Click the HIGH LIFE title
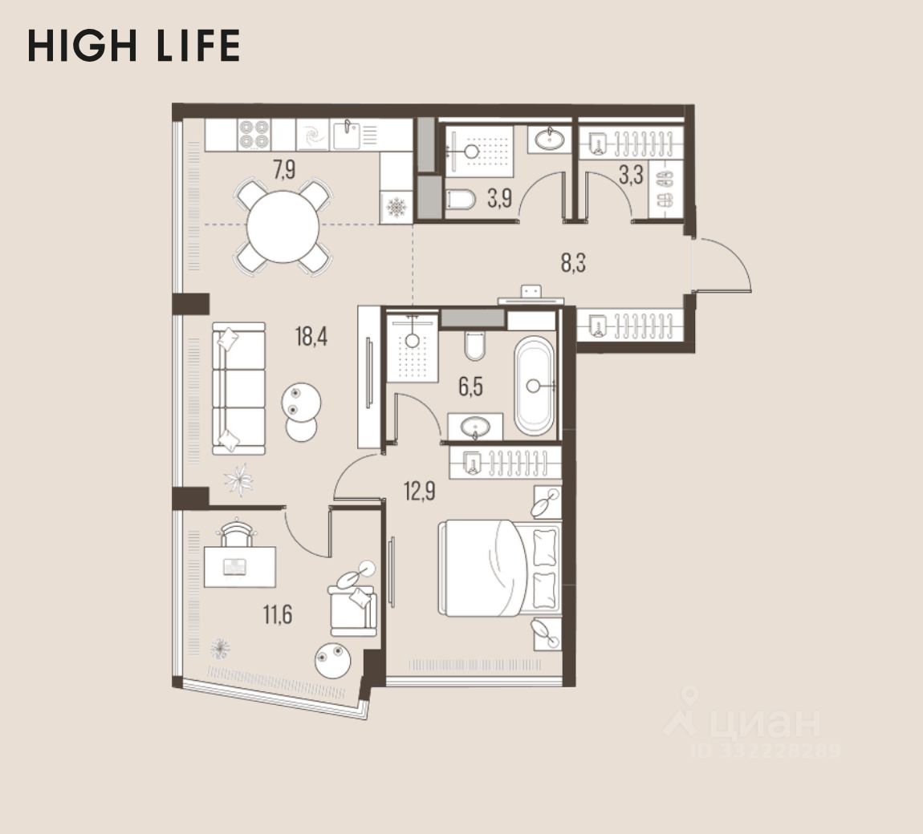pos(133,46)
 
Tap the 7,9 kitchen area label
pos(284,170)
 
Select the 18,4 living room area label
pos(311,337)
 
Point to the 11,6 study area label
pos(277,614)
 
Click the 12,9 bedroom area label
pos(420,491)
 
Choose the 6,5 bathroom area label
pos(471,387)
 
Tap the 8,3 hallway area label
pos(573,263)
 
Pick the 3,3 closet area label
pos(630,176)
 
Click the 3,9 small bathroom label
pos(499,199)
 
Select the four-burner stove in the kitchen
pos(254,135)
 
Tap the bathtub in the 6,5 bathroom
pos(535,386)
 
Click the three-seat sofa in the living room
pos(238,388)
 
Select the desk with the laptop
pos(240,567)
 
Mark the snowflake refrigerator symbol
pos(396,207)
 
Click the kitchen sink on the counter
pos(347,136)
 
